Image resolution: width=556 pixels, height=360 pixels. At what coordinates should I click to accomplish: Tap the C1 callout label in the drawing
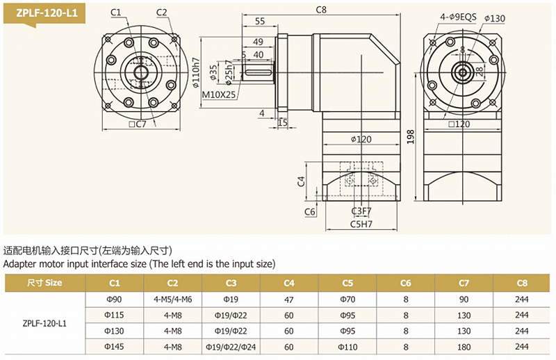point(115,12)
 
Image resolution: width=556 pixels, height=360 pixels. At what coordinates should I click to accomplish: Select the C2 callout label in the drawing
point(162,12)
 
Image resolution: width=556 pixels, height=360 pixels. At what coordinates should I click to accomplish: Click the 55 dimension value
point(259,22)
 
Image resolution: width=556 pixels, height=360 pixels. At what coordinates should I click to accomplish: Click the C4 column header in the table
point(289,283)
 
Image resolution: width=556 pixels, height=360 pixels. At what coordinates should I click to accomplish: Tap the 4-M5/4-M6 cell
point(172,300)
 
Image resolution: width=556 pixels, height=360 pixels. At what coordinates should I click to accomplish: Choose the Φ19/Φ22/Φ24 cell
point(231,346)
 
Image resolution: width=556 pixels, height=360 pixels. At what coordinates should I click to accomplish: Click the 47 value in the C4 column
point(289,300)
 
